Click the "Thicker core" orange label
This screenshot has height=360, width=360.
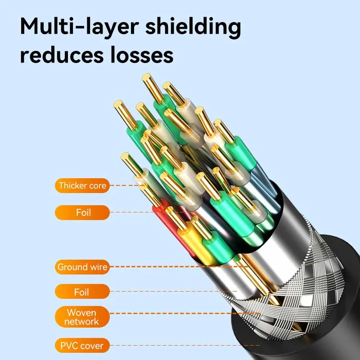coord(82,185)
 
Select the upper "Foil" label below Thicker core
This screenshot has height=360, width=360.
coord(82,212)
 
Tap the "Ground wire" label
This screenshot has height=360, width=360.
coord(82,267)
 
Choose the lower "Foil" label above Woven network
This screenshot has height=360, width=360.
coord(82,292)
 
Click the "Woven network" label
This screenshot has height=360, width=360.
coord(82,317)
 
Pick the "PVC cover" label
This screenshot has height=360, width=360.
coord(82,346)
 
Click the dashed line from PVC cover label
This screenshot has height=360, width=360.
coord(180,346)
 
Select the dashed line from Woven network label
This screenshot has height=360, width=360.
coord(180,313)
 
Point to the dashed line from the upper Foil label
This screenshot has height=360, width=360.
coord(135,212)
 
